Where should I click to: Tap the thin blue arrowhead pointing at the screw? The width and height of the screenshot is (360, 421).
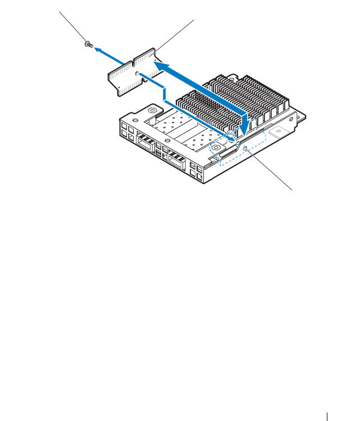click(x=96, y=49)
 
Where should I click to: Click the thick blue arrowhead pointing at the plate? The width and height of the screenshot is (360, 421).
click(x=158, y=66)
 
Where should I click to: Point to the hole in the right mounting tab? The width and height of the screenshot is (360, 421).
click(x=277, y=133)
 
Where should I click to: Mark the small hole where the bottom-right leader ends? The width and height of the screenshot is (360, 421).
click(x=248, y=148)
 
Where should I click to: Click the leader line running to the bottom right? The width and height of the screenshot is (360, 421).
click(x=272, y=170)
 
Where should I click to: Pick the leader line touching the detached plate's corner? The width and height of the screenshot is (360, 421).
click(x=175, y=33)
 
